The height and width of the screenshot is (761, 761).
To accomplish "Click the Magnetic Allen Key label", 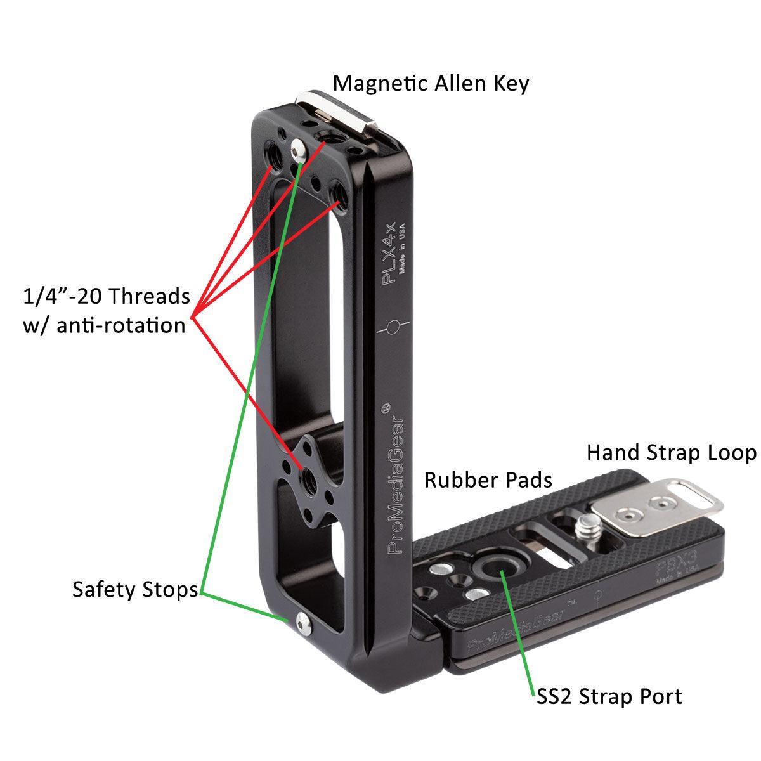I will click(431, 83).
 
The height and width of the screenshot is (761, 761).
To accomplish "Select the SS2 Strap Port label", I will click(607, 696).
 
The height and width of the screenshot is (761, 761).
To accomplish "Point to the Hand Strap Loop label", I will click(671, 453).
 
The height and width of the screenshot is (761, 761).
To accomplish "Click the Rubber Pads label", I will click(488, 480).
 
